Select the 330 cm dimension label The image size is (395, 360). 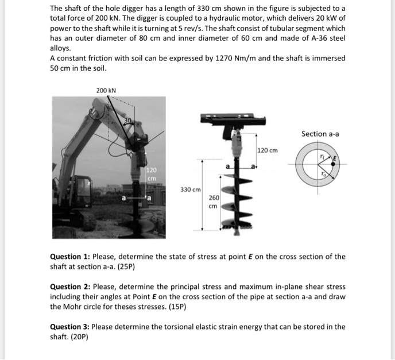click(190, 189)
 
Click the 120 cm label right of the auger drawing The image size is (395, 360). click(268, 150)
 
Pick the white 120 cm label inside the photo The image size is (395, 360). click(151, 174)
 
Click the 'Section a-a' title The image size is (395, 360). click(320, 134)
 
